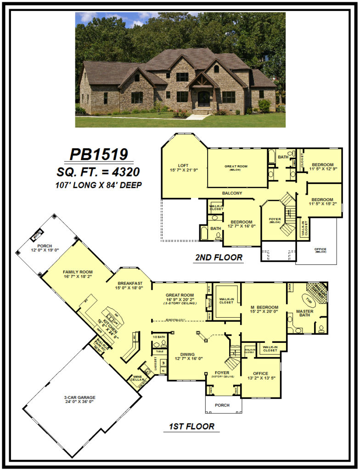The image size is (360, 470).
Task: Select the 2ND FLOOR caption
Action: [x=218, y=257]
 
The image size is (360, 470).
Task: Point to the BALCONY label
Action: [x=232, y=193]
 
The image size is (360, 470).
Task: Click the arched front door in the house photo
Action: [x=203, y=99]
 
